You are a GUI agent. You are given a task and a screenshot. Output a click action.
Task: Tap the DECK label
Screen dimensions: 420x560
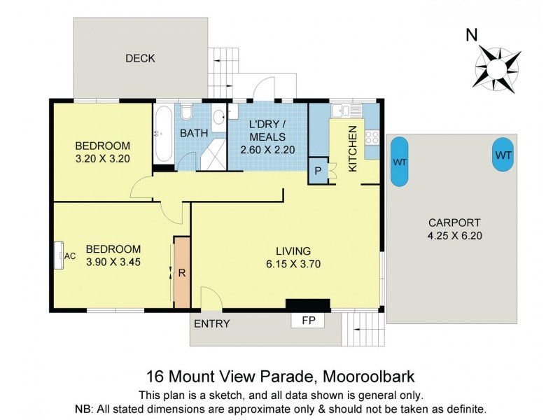140,58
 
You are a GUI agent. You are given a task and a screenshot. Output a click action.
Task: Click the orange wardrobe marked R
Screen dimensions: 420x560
182,272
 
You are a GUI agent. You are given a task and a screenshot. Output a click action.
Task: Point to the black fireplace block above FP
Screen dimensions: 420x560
307,304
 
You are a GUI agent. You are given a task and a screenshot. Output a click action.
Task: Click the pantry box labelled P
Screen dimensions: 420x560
318,171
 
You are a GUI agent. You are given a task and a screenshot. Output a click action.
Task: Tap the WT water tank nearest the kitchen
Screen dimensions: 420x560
400,162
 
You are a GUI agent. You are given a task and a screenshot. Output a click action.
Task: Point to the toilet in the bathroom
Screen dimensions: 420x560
186,113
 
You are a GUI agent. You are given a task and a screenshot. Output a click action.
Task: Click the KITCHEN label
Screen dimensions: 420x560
353,148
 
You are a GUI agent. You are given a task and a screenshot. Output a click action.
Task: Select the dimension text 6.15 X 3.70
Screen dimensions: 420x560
293,264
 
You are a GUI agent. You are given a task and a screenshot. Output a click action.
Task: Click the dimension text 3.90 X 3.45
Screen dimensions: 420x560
113,262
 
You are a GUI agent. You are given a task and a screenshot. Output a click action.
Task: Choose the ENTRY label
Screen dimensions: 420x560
211,323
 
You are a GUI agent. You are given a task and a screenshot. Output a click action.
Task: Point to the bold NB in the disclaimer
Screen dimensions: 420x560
82,408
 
